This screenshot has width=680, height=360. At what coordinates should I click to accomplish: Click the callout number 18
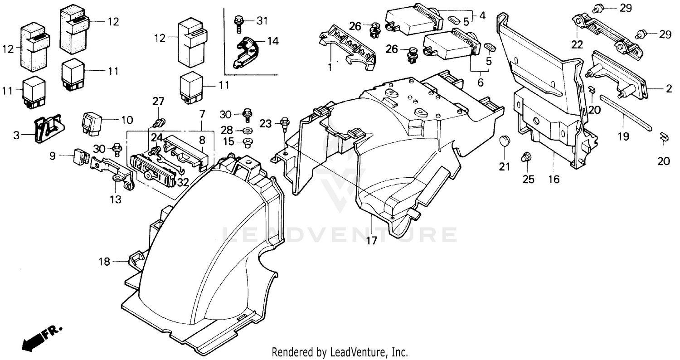click(x=105, y=262)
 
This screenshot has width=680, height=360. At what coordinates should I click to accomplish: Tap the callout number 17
click(x=371, y=241)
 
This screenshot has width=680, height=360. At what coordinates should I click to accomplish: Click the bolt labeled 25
click(x=526, y=157)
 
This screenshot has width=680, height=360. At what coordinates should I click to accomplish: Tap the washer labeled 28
click(x=248, y=131)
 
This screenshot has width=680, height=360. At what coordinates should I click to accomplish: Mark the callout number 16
click(x=554, y=180)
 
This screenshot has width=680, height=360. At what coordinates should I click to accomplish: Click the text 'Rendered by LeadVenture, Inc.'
click(x=340, y=352)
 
